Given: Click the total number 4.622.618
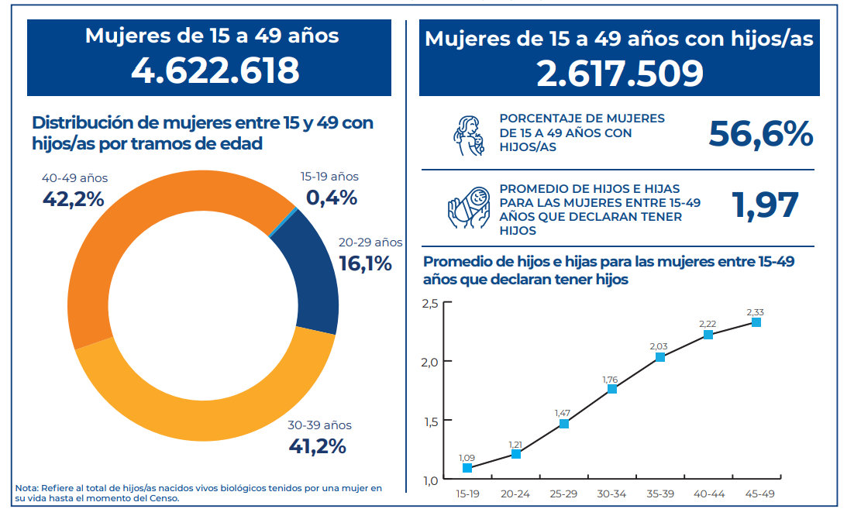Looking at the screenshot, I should (x=215, y=71).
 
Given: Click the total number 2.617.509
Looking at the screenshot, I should (x=620, y=74).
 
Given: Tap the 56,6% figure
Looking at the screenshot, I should (x=760, y=134).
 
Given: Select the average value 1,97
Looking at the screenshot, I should (x=765, y=205).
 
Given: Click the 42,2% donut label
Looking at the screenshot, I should (x=73, y=199).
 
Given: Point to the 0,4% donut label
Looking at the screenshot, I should (x=332, y=198).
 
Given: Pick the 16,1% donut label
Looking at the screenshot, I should (x=366, y=263).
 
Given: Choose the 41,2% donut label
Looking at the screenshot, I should (x=317, y=446).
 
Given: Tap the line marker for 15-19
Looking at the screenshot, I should (x=467, y=468).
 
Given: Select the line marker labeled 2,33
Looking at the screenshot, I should (x=756, y=322).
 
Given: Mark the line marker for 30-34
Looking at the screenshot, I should (x=612, y=389).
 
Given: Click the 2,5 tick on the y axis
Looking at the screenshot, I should (x=430, y=303).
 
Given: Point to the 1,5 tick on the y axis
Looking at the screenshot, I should (x=430, y=421).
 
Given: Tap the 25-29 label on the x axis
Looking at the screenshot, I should (x=563, y=493).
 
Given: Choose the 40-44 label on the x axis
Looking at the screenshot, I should (x=708, y=493).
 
